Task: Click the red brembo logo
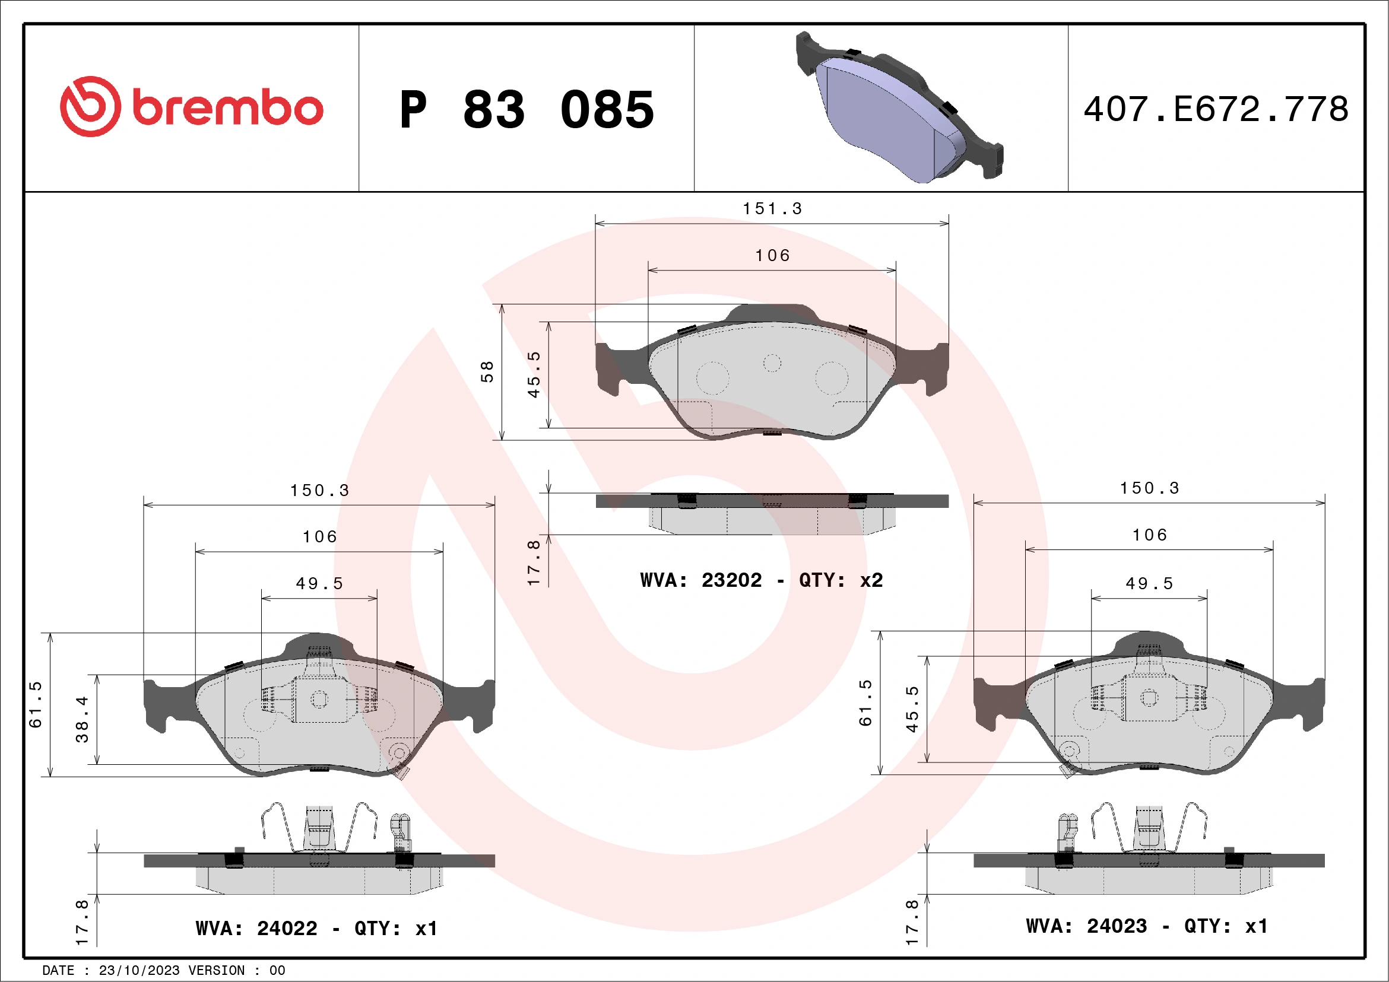tap(191, 107)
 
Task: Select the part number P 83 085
tap(527, 110)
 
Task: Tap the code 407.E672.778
tap(1216, 109)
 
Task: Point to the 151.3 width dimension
tap(772, 209)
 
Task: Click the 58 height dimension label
tap(487, 372)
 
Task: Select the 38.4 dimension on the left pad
tap(82, 720)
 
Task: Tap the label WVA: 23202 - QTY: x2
tap(762, 580)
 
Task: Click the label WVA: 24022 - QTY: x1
tap(316, 928)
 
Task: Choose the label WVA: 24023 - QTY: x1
tap(1146, 926)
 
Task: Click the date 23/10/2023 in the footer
tap(139, 971)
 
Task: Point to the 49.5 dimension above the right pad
tap(1149, 583)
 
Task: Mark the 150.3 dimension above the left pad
tap(319, 490)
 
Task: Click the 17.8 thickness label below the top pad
tap(534, 562)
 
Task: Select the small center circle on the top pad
tap(772, 363)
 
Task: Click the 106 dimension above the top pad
tap(772, 256)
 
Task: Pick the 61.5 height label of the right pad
tap(865, 703)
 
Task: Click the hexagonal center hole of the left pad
tap(319, 700)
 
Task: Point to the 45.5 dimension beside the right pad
tap(912, 708)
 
